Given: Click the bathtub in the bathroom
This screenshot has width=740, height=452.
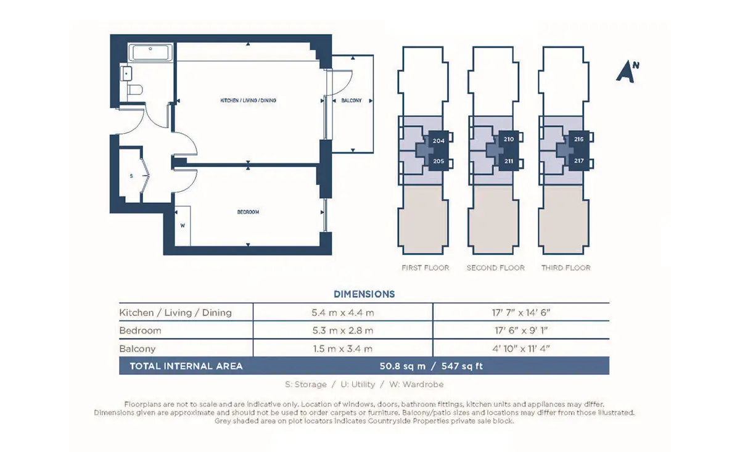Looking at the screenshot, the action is pyautogui.click(x=150, y=52).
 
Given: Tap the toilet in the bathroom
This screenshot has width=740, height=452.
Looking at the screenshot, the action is pyautogui.click(x=135, y=89).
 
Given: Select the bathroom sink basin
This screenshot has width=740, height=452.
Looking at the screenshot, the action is pyautogui.click(x=126, y=73).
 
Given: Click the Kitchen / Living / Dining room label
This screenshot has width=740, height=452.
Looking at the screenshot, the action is pyautogui.click(x=248, y=101).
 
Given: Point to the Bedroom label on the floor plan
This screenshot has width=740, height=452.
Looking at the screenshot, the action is pyautogui.click(x=248, y=212).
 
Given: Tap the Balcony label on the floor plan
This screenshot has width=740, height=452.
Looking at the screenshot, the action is pyautogui.click(x=351, y=101).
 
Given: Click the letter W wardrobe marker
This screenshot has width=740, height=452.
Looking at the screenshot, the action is pyautogui.click(x=183, y=226).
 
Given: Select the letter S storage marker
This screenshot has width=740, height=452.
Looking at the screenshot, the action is pyautogui.click(x=131, y=176).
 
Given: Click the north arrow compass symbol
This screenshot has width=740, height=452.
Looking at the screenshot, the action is pyautogui.click(x=627, y=72).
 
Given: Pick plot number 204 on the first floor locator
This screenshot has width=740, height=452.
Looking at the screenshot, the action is pyautogui.click(x=438, y=141).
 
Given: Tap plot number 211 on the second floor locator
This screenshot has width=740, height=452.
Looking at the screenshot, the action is pyautogui.click(x=509, y=161).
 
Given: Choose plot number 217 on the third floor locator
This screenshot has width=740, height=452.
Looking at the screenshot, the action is pyautogui.click(x=579, y=161).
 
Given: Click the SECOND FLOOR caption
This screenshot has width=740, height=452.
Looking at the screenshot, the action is pyautogui.click(x=496, y=268).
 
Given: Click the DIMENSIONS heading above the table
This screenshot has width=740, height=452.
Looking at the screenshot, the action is pyautogui.click(x=364, y=294).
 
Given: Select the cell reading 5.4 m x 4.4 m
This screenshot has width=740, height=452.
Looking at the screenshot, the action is pyautogui.click(x=343, y=313).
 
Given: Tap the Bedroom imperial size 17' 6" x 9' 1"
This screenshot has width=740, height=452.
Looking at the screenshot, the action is pyautogui.click(x=521, y=331).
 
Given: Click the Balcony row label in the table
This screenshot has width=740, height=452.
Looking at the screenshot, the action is pyautogui.click(x=138, y=349).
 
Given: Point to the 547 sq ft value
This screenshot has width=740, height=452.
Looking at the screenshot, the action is pyautogui.click(x=462, y=366).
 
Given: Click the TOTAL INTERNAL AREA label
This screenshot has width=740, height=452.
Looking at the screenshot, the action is pyautogui.click(x=186, y=366).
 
